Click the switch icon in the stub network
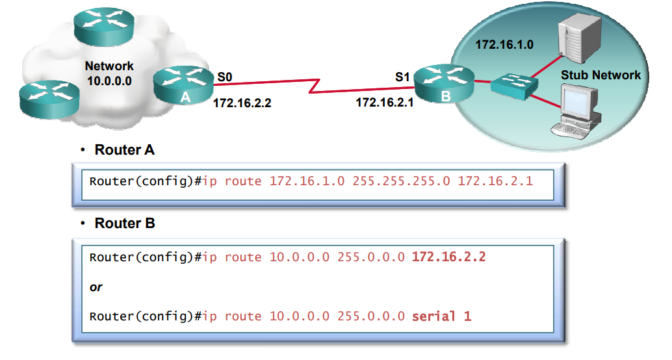(x=513, y=85)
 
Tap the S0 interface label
(x=225, y=77)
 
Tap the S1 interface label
(x=402, y=77)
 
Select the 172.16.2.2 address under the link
(x=242, y=102)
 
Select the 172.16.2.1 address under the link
(x=385, y=102)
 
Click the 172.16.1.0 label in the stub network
(x=504, y=45)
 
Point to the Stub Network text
(x=601, y=75)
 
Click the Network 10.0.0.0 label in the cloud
(x=109, y=73)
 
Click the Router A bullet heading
(x=124, y=150)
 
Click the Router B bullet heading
(x=124, y=224)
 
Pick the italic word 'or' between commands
(x=96, y=287)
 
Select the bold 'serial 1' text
(x=441, y=316)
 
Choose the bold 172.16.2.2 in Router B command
(x=448, y=257)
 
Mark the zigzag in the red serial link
(x=317, y=86)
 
